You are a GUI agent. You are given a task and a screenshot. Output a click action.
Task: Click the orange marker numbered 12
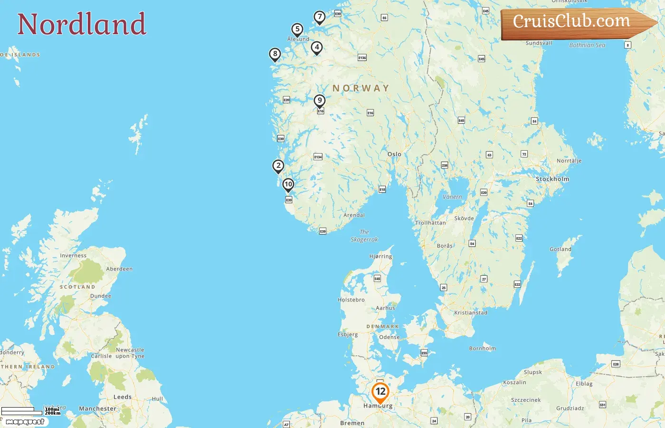pos(380,392)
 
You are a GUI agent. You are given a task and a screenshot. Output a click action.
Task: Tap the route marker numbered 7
pos(320,17)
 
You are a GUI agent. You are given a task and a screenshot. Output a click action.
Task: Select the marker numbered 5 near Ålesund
pos(297,29)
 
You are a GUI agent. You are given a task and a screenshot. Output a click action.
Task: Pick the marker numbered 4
pos(317,47)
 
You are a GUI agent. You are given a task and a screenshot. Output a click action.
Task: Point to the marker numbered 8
pos(275,54)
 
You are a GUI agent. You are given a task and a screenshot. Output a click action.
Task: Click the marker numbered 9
pos(320,100)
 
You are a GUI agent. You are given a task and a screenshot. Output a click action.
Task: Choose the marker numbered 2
pos(278,166)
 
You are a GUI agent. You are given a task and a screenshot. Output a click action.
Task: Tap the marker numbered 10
pos(288,185)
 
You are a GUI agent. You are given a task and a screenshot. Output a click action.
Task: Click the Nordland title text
pos(82,24)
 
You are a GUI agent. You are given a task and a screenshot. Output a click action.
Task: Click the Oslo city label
pos(394,154)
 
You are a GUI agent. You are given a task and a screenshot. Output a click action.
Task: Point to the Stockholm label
pos(552,179)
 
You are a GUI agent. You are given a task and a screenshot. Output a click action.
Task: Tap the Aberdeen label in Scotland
pos(119,269)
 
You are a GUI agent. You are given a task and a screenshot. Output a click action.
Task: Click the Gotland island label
pos(560,249)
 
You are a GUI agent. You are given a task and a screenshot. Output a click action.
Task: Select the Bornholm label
pos(482,349)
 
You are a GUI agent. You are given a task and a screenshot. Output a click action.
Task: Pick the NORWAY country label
pos(361,88)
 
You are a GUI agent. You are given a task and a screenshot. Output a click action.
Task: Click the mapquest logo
pos(25,422)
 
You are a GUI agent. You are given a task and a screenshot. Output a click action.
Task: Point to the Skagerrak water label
pos(364,236)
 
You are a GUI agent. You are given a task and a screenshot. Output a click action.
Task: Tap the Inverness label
pos(73,256)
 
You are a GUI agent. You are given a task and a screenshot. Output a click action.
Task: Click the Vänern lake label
pos(452,197)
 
